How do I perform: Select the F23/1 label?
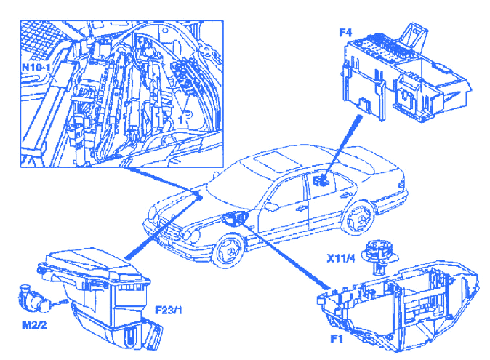coord(169,310)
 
